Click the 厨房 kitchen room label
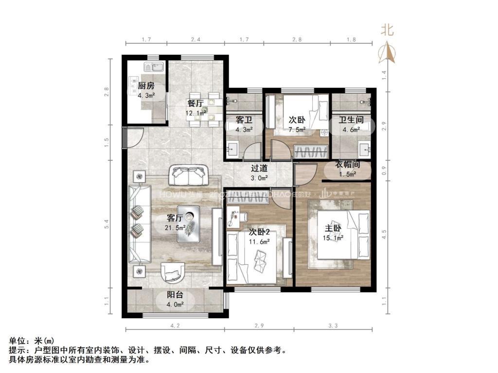pos(146,86)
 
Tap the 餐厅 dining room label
pos(196,103)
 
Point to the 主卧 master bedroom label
pos(333,228)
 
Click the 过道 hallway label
pos(259,169)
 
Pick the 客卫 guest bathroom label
pos(243,119)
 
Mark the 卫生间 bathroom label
pos(349,119)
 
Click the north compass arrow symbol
pos(388,51)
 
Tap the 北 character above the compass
pos(387,30)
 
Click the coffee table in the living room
pos(188,224)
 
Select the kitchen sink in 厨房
pos(153,67)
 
